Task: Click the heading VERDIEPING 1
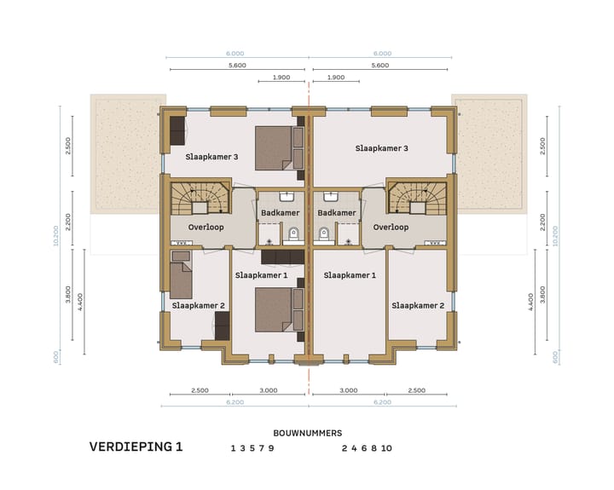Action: point(136,447)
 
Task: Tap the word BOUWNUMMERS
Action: point(307,433)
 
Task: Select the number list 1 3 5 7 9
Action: point(252,448)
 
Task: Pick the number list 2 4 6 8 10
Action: point(367,448)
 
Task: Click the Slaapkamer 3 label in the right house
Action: point(381,148)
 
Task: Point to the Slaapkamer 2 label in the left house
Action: point(198,305)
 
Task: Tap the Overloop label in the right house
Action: point(391,228)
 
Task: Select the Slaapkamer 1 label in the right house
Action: point(349,275)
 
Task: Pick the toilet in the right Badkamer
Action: point(323,233)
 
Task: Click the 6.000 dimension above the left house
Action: point(239,53)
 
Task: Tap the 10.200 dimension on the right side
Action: point(555,235)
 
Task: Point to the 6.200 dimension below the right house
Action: point(381,401)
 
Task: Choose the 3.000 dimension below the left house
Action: point(269,390)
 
